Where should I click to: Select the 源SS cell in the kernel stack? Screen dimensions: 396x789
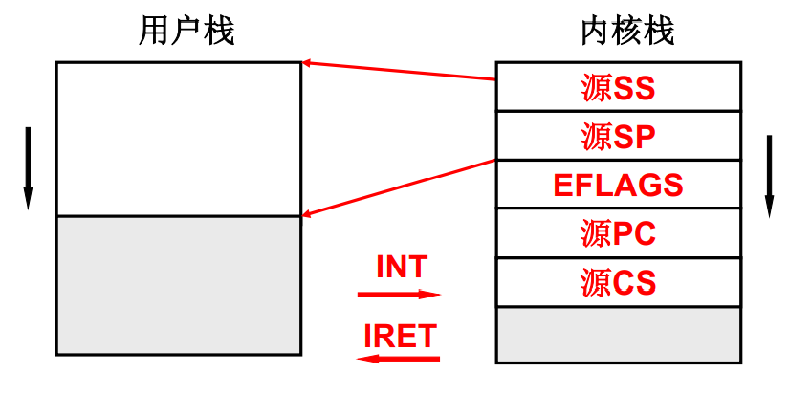(618, 87)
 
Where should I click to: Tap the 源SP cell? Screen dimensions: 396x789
(618, 136)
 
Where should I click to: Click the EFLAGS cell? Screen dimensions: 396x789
(618, 185)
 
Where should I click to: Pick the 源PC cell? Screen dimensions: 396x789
(618, 233)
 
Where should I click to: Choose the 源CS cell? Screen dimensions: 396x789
(618, 282)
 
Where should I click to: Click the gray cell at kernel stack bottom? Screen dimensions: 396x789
(618, 335)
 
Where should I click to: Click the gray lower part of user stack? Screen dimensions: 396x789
(178, 285)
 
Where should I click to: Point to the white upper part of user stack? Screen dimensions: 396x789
(178, 139)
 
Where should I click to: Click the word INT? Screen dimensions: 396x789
(402, 267)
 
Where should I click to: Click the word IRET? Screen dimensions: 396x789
(400, 336)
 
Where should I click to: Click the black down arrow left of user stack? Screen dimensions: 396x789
(28, 167)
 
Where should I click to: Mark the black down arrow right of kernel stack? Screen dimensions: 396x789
(768, 177)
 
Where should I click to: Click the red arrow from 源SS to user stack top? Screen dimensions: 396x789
(399, 72)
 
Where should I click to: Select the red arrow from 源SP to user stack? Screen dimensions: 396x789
(399, 187)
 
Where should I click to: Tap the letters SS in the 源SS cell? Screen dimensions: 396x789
(633, 87)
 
